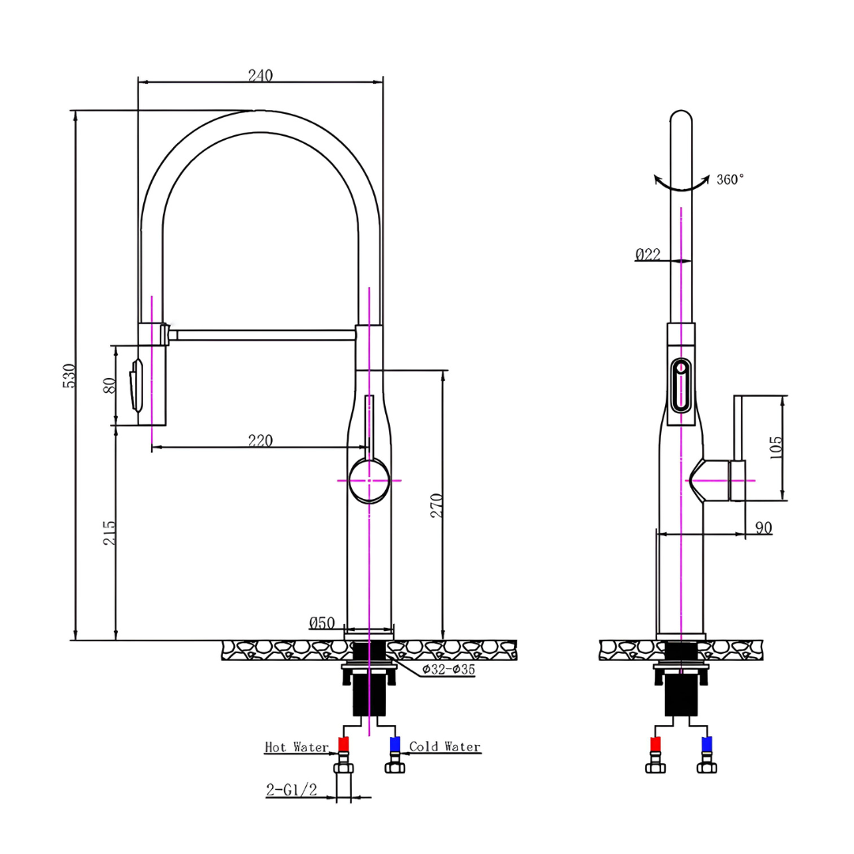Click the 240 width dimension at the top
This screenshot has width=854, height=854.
click(260, 76)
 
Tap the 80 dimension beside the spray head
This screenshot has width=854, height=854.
click(111, 385)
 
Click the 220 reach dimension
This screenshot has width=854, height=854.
click(260, 441)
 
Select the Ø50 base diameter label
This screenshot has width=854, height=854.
click(323, 623)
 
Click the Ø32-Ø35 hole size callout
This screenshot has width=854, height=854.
click(448, 669)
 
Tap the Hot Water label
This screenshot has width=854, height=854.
click(297, 746)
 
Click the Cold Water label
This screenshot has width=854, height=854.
click(444, 746)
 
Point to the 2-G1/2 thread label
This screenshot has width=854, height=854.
click(291, 789)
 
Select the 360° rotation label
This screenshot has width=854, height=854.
click(730, 179)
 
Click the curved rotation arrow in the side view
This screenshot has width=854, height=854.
click(682, 184)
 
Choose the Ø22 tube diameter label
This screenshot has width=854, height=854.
click(648, 254)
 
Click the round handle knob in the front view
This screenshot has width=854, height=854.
click(368, 480)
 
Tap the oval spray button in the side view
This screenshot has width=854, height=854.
click(680, 385)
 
